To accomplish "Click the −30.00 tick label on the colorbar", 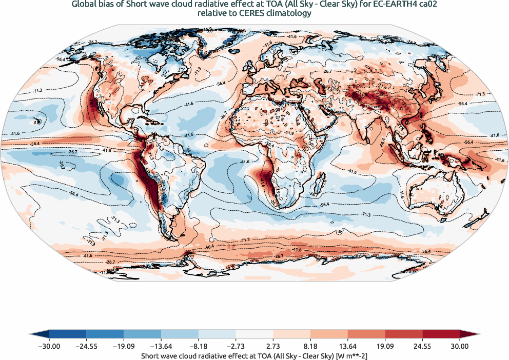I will click(x=49, y=346).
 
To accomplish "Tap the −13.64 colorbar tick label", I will click(x=161, y=346).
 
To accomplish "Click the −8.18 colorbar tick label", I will click(x=199, y=346).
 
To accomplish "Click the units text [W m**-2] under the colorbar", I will click(x=348, y=355).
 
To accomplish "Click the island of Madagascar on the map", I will click(x=322, y=182).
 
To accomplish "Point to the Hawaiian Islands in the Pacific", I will click(x=37, y=122).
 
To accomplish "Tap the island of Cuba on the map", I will click(x=149, y=118).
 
